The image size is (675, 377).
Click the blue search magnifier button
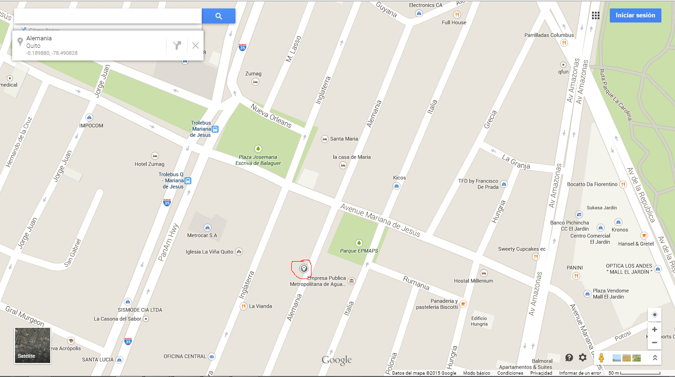(x=219, y=16)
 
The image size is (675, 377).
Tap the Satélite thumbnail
(x=32, y=345)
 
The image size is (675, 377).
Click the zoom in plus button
(x=654, y=330)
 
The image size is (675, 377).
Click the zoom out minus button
(x=654, y=343)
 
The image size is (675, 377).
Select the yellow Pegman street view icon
(x=601, y=358)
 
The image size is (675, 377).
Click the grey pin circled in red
(x=303, y=269)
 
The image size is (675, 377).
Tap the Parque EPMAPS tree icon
(x=359, y=243)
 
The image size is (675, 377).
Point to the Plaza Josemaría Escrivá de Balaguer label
(x=258, y=160)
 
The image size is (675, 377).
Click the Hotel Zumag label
(x=149, y=164)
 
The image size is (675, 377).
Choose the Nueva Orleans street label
(x=271, y=115)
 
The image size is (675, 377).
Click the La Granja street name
(x=516, y=161)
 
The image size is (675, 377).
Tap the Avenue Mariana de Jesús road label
(x=380, y=220)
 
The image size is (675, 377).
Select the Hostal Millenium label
(x=473, y=280)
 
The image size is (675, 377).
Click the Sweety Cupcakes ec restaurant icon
(x=536, y=257)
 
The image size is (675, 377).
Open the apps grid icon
(x=595, y=15)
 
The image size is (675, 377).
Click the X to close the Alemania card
(x=196, y=45)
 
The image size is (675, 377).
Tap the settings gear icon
(x=583, y=357)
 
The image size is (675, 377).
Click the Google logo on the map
(x=336, y=360)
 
